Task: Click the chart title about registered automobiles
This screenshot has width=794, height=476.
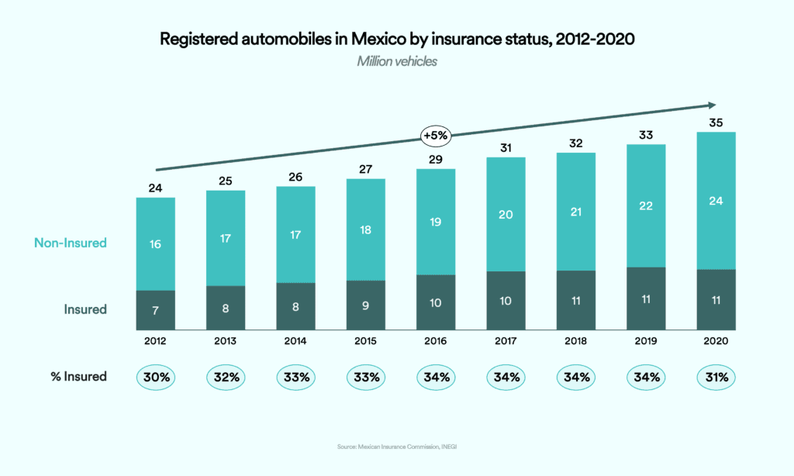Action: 397,39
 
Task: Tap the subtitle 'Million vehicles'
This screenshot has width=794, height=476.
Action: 397,61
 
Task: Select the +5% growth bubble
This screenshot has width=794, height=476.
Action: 436,135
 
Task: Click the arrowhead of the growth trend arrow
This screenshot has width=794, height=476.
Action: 710,105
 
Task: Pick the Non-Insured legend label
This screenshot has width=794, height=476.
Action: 71,243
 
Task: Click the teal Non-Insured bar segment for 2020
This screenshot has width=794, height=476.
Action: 716,201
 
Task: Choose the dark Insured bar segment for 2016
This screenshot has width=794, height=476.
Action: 436,302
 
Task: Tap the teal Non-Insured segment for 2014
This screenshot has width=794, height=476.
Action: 295,235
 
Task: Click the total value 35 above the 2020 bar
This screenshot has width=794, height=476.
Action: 716,122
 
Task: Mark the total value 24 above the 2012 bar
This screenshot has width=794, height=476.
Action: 155,187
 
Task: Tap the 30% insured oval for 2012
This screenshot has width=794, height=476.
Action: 155,378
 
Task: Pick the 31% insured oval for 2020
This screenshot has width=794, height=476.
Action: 716,378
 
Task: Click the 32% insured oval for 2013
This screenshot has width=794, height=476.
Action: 226,378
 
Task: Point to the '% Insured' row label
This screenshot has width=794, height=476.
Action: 74,378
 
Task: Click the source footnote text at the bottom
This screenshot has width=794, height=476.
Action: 397,447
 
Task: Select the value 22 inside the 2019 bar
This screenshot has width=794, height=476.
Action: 646,205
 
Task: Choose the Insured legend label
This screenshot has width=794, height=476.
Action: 85,309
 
